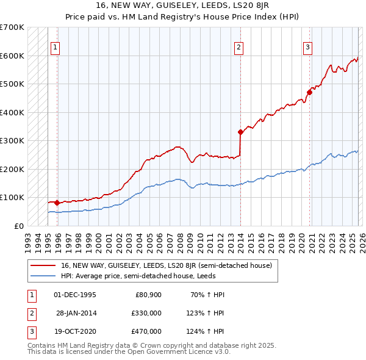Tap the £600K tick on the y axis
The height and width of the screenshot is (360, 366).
tap(12, 56)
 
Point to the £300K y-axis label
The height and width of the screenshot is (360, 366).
tap(12, 140)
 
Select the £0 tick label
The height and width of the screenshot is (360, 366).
tap(20, 226)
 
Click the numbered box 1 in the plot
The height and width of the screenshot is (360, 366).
tap(56, 48)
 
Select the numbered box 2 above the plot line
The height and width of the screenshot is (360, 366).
tap(239, 48)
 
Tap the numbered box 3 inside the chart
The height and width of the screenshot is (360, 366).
tap(308, 48)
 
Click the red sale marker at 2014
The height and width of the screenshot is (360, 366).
tap(240, 131)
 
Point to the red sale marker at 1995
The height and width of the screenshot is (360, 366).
tap(57, 203)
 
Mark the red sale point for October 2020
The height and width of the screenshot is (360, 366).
tap(309, 92)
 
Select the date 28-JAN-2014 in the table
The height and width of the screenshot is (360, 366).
tap(76, 313)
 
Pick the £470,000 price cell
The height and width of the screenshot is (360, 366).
tap(146, 331)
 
